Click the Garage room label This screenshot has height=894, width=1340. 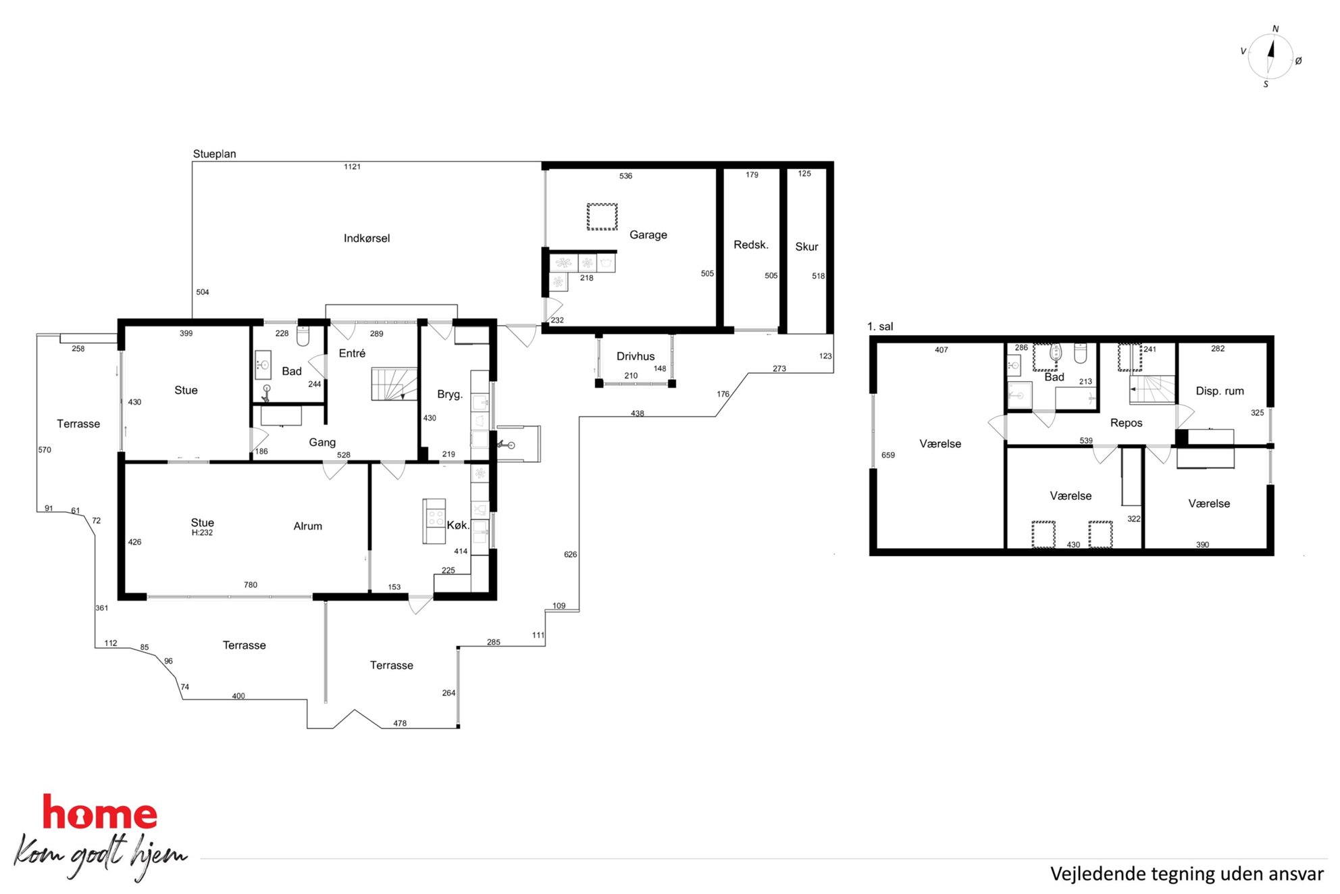[x=648, y=235]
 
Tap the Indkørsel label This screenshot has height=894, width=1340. [x=367, y=239]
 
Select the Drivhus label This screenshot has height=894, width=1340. [x=636, y=356]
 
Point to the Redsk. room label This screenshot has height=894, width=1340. [x=751, y=245]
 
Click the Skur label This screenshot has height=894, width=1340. [x=806, y=247]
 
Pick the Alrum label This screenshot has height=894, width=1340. [x=308, y=526]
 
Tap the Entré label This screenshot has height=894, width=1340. [x=352, y=353]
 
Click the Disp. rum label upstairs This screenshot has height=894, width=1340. [x=1220, y=391]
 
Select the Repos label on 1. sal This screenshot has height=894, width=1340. [x=1126, y=423]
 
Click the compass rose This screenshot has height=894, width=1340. [x=1270, y=57]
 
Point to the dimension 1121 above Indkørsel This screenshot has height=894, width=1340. [x=352, y=167]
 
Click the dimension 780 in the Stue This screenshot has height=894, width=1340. [x=251, y=585]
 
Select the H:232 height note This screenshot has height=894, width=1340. [x=202, y=532]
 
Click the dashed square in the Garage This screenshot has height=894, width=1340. [x=602, y=217]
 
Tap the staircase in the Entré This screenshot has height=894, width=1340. [x=394, y=384]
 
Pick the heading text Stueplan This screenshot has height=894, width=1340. [x=215, y=154]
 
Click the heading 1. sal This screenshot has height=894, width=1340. [x=880, y=326]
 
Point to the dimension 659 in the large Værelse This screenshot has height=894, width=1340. [x=888, y=455]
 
